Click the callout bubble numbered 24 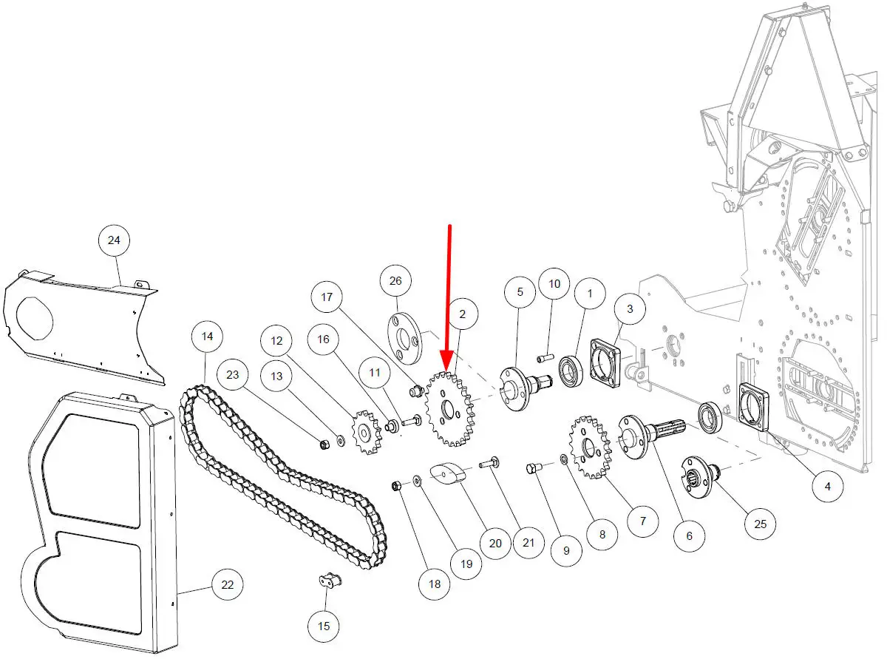[x=114, y=240]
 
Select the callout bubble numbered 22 [x=228, y=585]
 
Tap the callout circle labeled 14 [x=207, y=337]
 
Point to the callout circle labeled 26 [x=395, y=281]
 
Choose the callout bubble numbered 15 [x=324, y=626]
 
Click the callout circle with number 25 [x=761, y=524]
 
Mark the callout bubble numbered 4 [x=828, y=486]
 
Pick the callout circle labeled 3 [x=630, y=308]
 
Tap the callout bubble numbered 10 [x=554, y=283]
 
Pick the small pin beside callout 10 [x=548, y=359]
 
